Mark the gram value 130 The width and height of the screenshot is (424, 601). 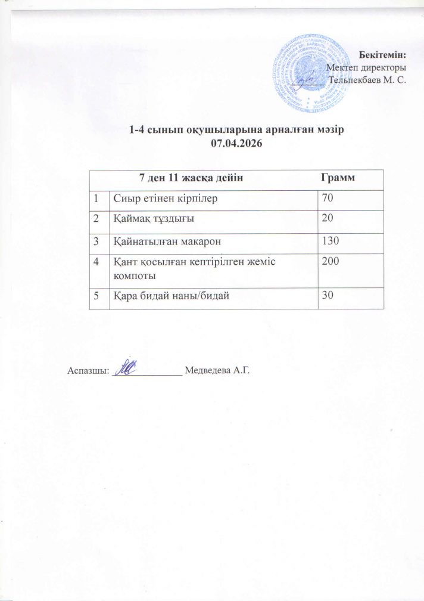[x=329, y=240]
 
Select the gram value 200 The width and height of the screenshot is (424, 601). [x=329, y=261]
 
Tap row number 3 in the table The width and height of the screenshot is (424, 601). [x=95, y=240]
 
